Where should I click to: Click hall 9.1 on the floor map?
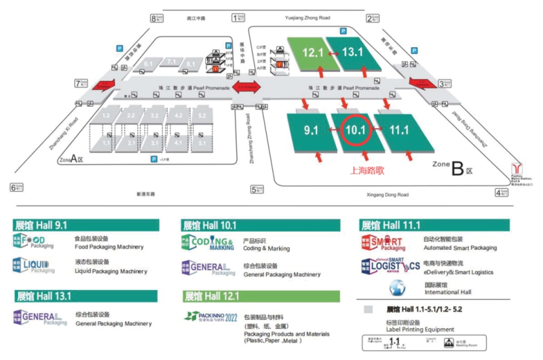tap(310, 130)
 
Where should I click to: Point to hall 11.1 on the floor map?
tap(399, 130)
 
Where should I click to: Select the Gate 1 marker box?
tap(238, 18)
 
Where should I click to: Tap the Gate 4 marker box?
tap(502, 192)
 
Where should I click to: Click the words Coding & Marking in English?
tap(266, 249)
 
